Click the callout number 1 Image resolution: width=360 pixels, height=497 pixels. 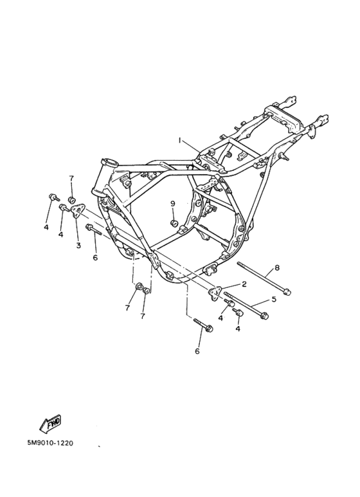click(180, 140)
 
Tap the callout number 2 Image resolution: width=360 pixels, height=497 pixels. click(244, 284)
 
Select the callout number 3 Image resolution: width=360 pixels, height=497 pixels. click(78, 245)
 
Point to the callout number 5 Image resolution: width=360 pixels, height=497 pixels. click(274, 299)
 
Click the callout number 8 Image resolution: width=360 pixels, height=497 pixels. click(277, 268)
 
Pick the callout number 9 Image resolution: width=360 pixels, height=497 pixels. click(173, 203)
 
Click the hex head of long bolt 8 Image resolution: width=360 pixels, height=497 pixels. click(287, 292)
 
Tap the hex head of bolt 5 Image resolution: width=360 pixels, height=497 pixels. click(265, 316)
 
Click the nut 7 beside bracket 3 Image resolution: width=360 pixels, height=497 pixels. click(72, 200)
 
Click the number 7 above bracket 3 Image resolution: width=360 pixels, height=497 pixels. click(71, 179)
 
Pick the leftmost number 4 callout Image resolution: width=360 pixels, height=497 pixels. click(46, 228)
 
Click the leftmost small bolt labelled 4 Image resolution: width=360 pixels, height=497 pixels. click(54, 197)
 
